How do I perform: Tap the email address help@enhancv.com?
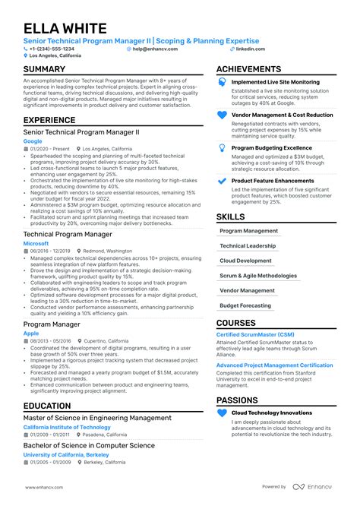pyautogui.click(x=155, y=48)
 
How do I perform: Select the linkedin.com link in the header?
pyautogui.click(x=251, y=48)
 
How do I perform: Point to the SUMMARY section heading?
pyautogui.click(x=44, y=69)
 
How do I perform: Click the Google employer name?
pyautogui.click(x=33, y=141)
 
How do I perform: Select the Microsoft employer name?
pyautogui.click(x=36, y=243)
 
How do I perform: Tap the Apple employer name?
pyautogui.click(x=30, y=333)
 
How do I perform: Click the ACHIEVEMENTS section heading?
pyautogui.click(x=249, y=69)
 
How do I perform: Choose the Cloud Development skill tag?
pyautogui.click(x=245, y=261)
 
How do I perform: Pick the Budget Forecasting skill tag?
pyautogui.click(x=245, y=305)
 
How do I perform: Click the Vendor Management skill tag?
pyautogui.click(x=247, y=290)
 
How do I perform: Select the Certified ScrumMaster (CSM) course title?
pyautogui.click(x=255, y=334)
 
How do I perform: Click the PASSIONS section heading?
pyautogui.click(x=237, y=400)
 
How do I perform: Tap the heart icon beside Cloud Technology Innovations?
pyautogui.click(x=222, y=413)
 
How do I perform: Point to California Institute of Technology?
pyautogui.click(x=67, y=427)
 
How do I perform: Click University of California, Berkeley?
pyautogui.click(x=67, y=454)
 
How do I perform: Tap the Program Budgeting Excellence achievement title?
pyautogui.click(x=271, y=148)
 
